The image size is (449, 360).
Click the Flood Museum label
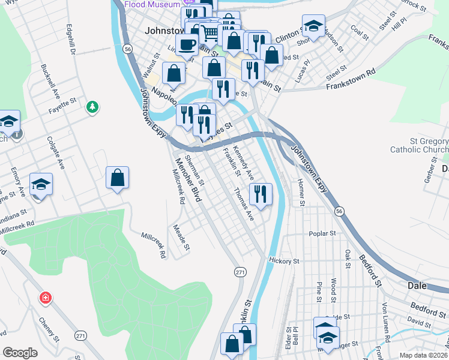tap(153, 4)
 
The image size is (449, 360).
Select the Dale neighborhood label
tap(417, 286)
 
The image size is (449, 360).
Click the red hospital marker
tap(45, 298)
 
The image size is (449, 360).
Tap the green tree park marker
tap(92, 107)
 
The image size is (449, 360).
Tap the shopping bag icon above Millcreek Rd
tap(117, 178)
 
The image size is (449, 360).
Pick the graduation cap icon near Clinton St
tap(313, 26)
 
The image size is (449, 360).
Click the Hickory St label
tap(284, 262)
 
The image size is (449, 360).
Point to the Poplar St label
tap(322, 233)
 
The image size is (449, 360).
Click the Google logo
tap(20, 353)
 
